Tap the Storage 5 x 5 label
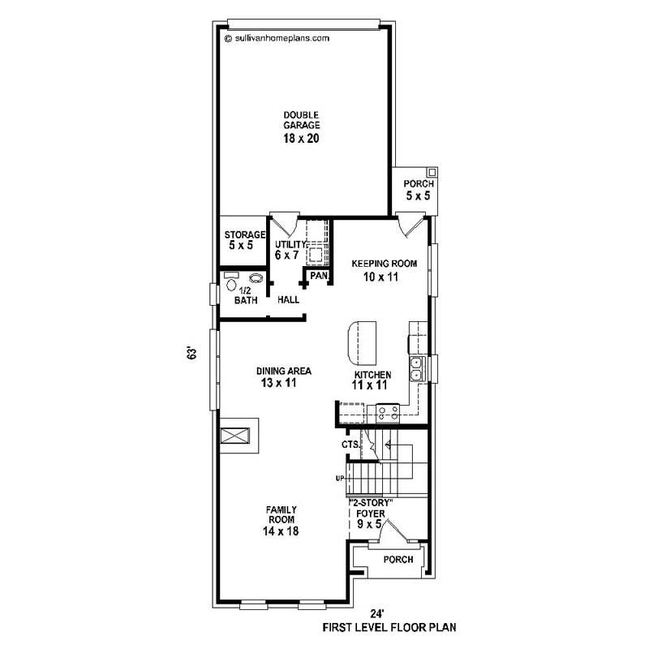(x=245, y=240)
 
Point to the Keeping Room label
(x=384, y=270)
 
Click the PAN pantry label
(x=318, y=277)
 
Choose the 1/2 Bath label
(x=245, y=295)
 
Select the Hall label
(x=289, y=299)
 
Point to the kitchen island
(x=363, y=342)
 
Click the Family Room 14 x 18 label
(x=281, y=520)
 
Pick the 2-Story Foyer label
(x=371, y=513)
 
